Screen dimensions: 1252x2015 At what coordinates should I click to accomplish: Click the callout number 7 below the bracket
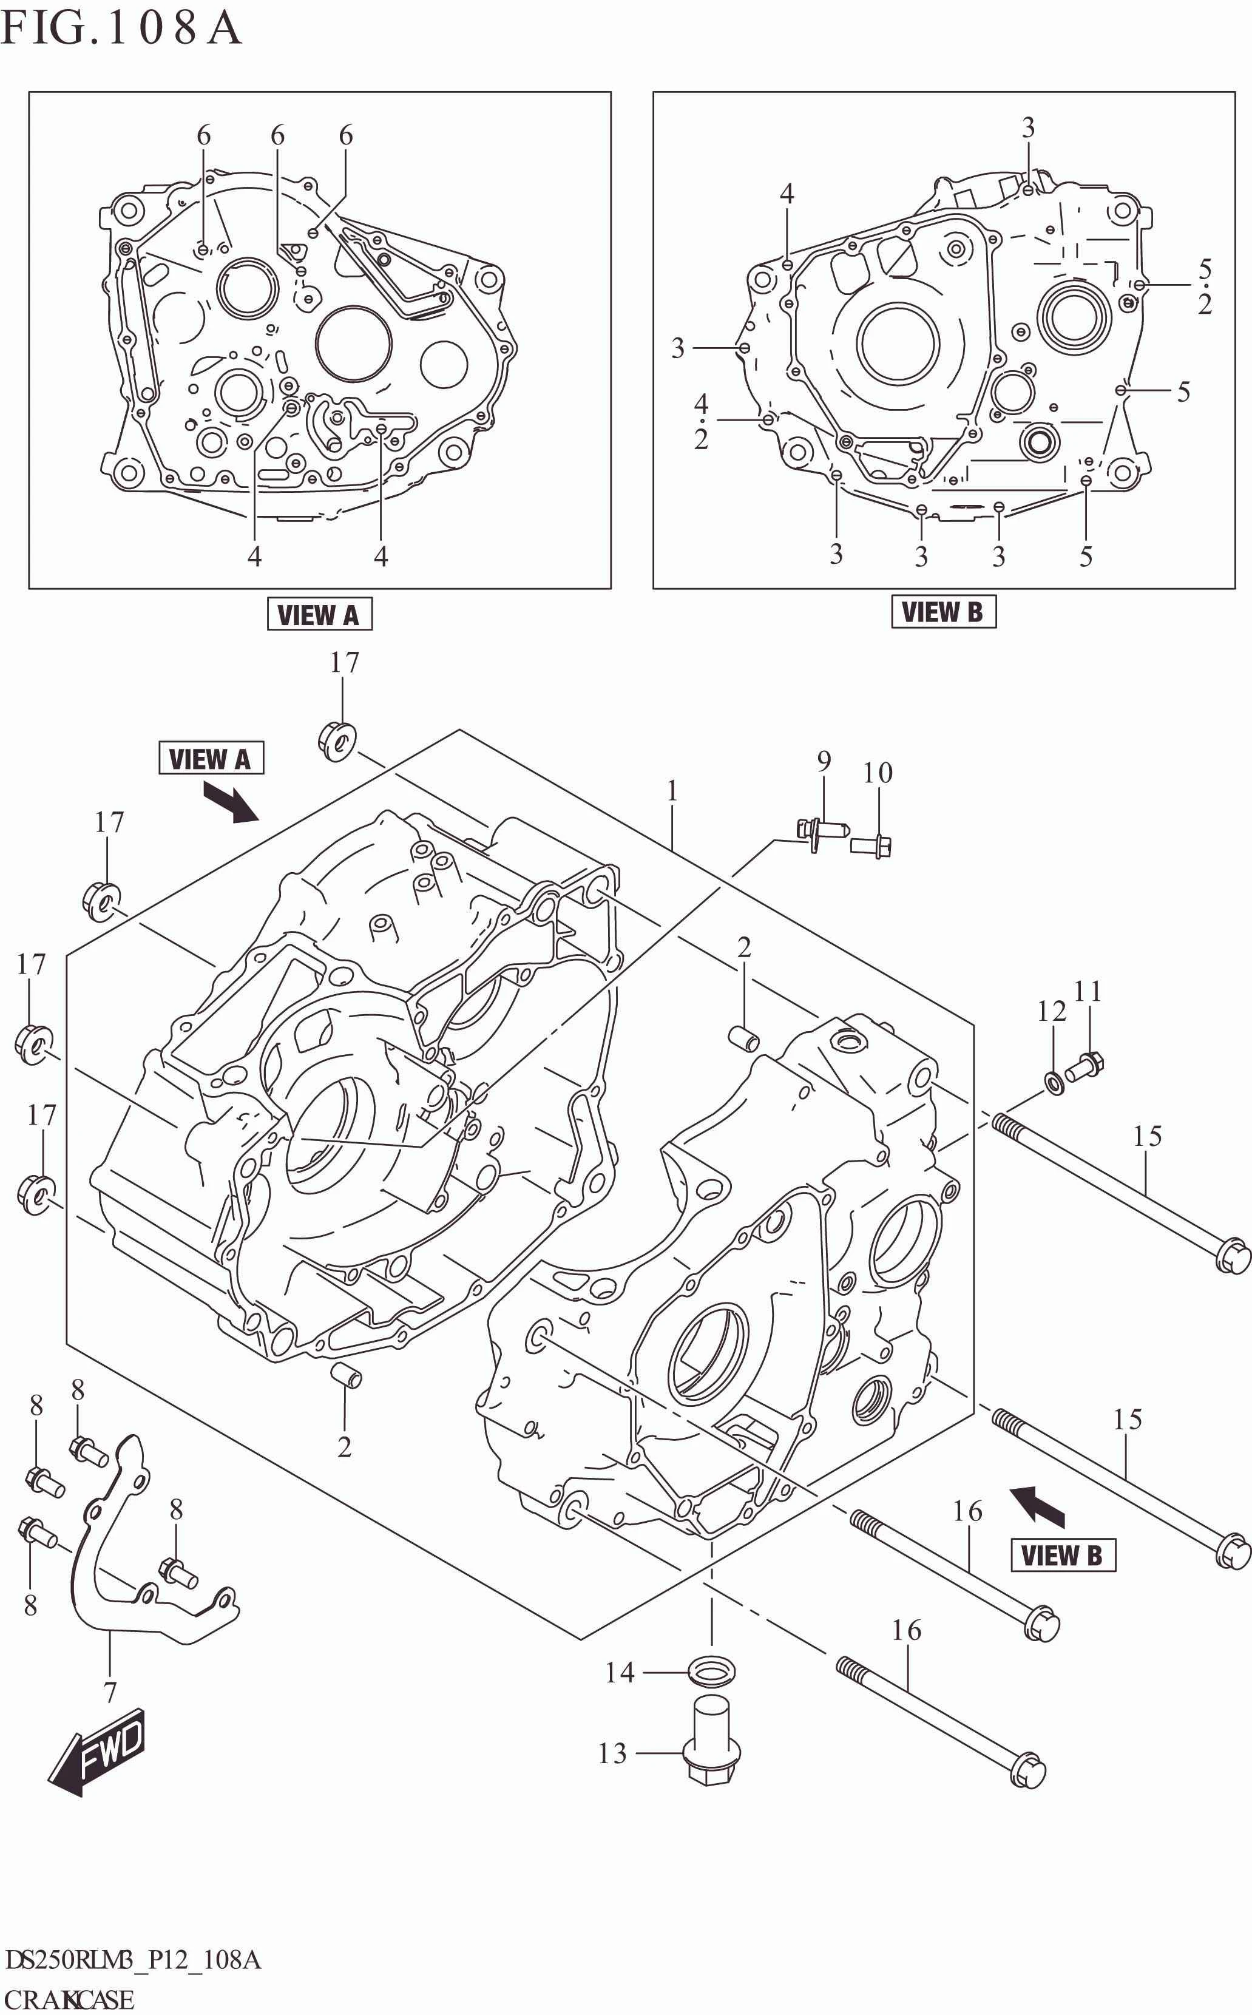point(110,1692)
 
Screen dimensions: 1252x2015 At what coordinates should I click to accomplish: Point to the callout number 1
point(672,791)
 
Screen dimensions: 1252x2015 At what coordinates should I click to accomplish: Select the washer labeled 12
point(1054,1082)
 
